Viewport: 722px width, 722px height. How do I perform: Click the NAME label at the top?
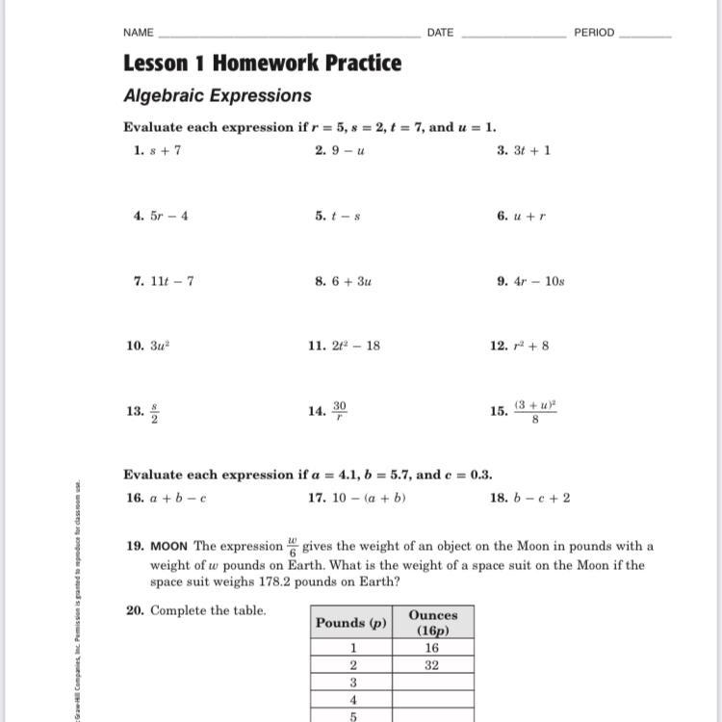tap(139, 33)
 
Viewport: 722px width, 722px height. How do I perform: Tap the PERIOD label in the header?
tap(594, 33)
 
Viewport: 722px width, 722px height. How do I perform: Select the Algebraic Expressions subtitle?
tap(218, 96)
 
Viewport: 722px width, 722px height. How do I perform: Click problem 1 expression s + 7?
tap(165, 150)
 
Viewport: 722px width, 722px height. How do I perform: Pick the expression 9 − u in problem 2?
tap(348, 150)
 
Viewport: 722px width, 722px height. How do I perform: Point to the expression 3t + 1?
tap(531, 150)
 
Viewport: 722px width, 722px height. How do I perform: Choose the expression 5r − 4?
tap(169, 216)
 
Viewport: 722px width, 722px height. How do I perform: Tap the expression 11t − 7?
tap(171, 281)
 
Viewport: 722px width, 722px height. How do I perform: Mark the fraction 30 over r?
tap(340, 411)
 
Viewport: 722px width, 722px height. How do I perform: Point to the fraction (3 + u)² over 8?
tap(535, 411)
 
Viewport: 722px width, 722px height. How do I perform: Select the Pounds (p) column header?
tap(351, 623)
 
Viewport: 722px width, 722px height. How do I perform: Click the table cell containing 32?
tap(432, 665)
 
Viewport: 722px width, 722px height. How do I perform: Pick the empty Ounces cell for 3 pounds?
tap(432, 683)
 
